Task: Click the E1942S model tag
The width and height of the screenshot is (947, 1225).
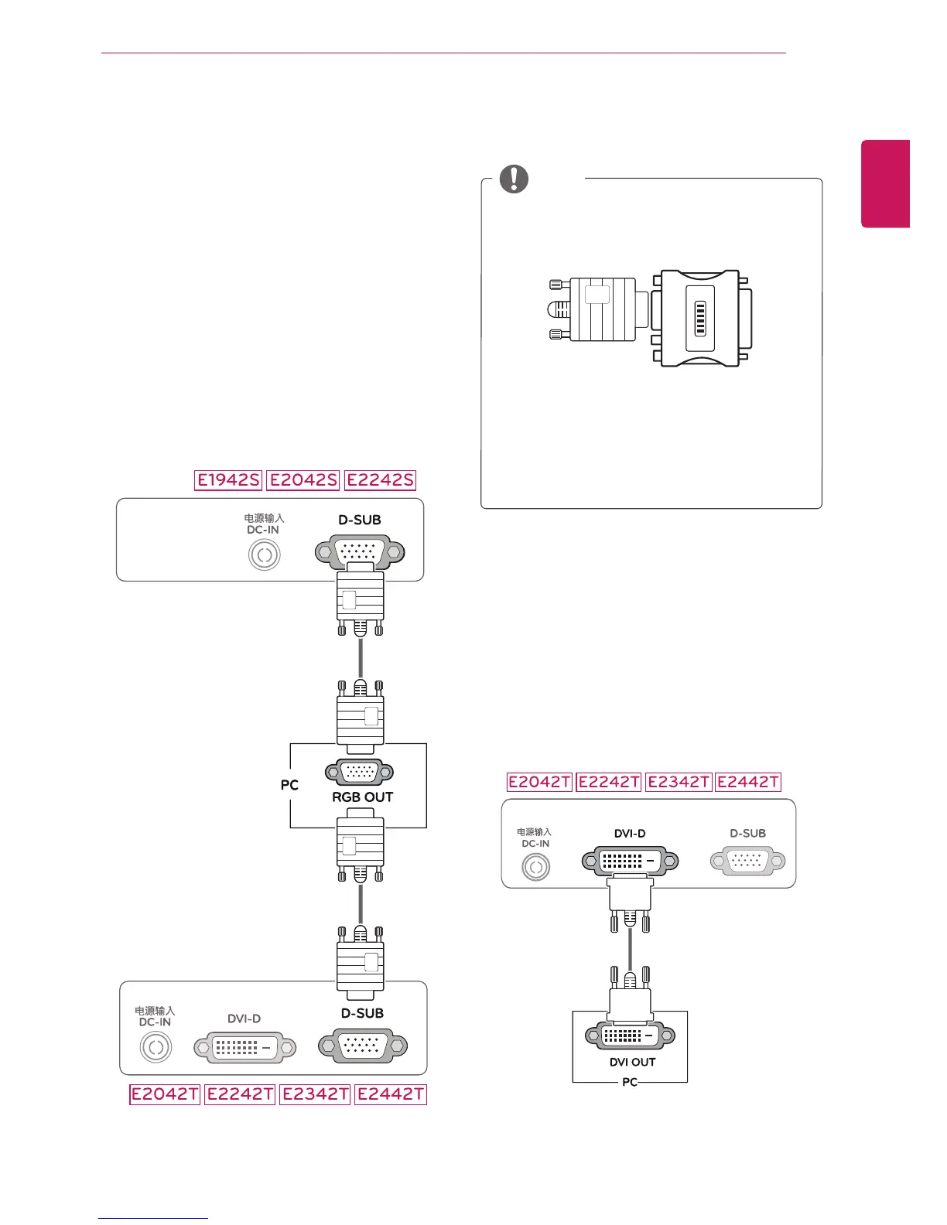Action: click(228, 479)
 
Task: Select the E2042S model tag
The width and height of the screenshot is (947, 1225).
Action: click(303, 479)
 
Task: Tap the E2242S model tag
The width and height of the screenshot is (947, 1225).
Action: click(380, 479)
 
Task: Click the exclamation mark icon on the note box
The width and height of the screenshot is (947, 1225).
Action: click(514, 179)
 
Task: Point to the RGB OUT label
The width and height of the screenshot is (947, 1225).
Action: click(362, 797)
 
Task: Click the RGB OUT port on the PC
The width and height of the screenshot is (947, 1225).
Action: click(360, 771)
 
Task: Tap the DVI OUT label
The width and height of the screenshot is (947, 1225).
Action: click(632, 1062)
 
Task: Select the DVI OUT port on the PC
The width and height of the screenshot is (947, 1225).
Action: click(631, 1035)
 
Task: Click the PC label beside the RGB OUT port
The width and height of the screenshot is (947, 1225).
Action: click(289, 785)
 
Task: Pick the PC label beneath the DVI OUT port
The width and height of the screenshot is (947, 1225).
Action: click(630, 1082)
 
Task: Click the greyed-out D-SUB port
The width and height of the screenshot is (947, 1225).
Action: click(747, 860)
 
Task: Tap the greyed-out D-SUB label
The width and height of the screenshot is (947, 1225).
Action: click(747, 834)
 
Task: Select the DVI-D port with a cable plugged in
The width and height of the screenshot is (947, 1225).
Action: click(630, 860)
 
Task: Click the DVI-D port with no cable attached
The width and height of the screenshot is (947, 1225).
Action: click(244, 1047)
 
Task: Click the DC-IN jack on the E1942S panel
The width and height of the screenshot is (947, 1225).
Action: click(264, 555)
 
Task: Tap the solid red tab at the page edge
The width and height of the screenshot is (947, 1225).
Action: click(886, 184)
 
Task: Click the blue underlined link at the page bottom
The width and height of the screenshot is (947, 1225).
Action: click(153, 1218)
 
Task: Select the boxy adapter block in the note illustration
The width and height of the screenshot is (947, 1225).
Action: click(701, 318)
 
